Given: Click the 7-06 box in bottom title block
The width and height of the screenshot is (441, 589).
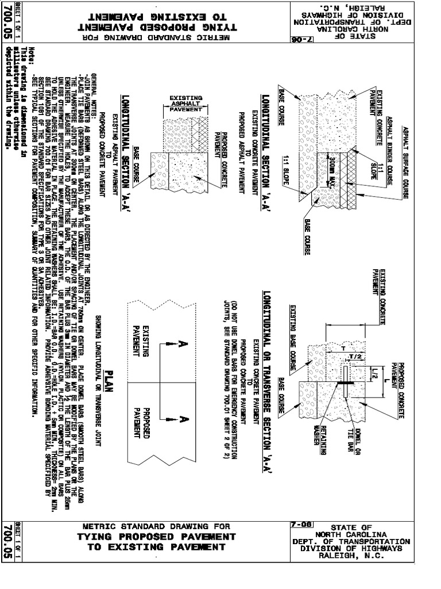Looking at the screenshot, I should click(x=301, y=525).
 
